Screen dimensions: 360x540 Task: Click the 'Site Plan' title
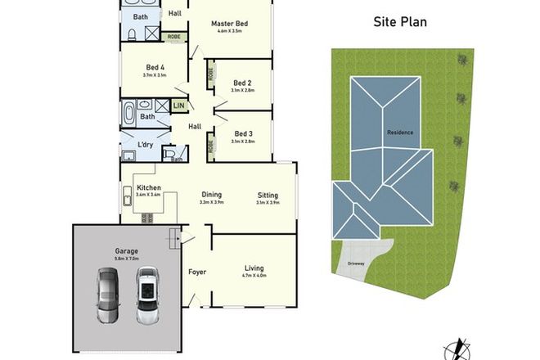coord(401,23)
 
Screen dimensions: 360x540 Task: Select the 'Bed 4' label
coord(155,67)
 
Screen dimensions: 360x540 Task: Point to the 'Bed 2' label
coord(241,83)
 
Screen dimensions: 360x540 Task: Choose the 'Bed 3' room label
coord(243,134)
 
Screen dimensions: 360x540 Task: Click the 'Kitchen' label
coord(148,187)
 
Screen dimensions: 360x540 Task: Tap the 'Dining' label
coord(212,195)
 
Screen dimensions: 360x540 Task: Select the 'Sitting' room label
coord(268,196)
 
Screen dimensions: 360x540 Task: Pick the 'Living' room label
coord(254,268)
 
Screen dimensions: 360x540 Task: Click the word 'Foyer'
coord(197,271)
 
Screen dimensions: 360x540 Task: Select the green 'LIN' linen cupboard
coord(179,106)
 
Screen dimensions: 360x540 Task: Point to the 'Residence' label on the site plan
coord(400,133)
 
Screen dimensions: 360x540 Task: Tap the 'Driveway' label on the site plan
coord(355,263)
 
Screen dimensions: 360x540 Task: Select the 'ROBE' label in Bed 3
coord(211,146)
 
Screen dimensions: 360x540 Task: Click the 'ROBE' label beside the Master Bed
coord(174,37)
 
